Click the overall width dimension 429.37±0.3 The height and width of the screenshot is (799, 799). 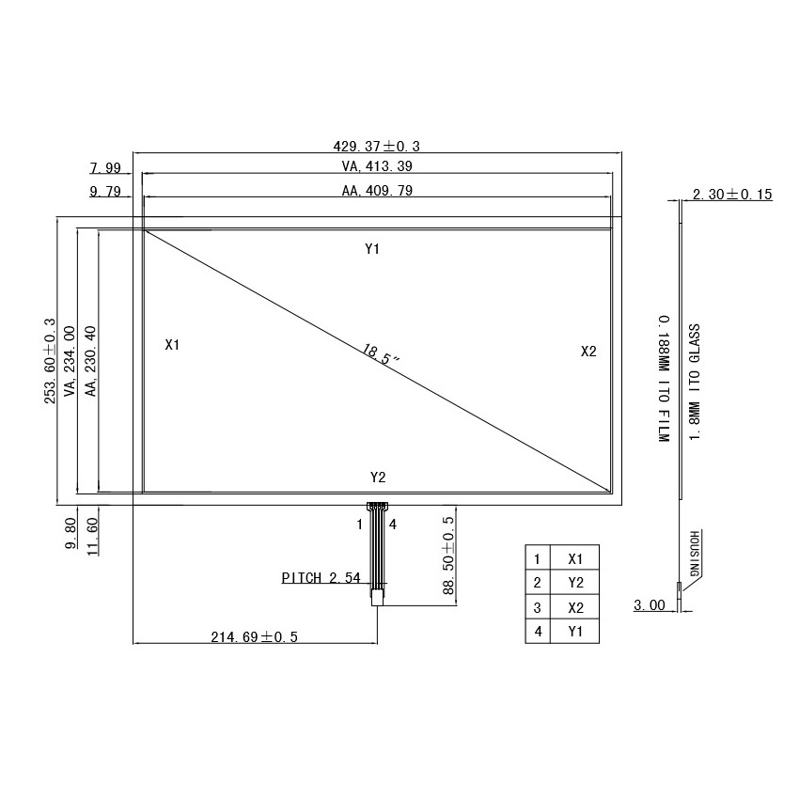point(376,146)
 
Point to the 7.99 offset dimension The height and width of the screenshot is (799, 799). point(105,168)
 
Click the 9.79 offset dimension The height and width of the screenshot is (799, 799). point(105,191)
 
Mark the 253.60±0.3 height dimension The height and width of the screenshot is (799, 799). point(50,361)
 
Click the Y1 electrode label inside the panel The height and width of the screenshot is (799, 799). point(372,249)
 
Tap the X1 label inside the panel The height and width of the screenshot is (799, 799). point(172,345)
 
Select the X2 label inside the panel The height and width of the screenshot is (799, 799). point(588,352)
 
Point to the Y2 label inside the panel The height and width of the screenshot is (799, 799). point(378,478)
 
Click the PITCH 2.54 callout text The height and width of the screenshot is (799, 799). point(321,578)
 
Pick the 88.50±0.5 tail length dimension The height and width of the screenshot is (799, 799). point(448,555)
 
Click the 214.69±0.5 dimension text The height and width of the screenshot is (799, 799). point(253,636)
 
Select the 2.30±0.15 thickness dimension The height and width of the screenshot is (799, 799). point(731,195)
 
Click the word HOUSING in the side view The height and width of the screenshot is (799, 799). point(695,554)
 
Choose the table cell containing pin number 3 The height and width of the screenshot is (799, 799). point(538,607)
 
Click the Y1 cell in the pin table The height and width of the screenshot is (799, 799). point(575,632)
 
